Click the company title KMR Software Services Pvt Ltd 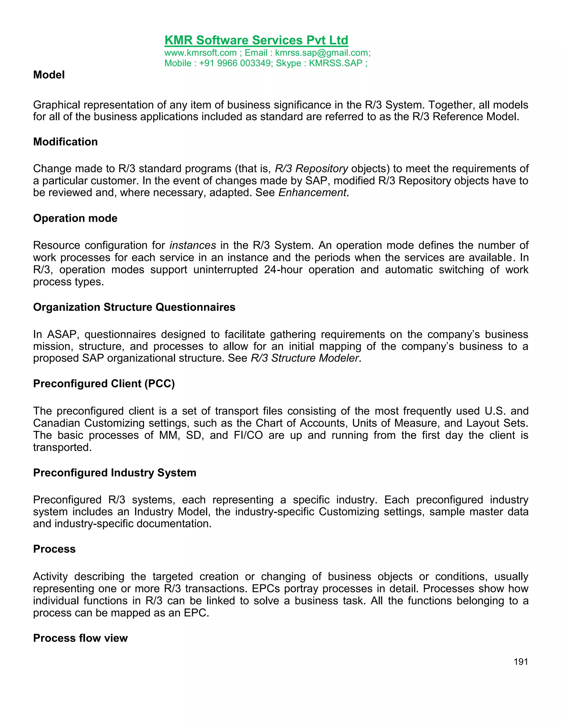click(256, 40)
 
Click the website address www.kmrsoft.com click(200, 53)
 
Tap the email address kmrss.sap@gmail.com click(322, 53)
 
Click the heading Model click(49, 75)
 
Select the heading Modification click(65, 142)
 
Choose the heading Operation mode click(75, 218)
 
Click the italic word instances click(193, 245)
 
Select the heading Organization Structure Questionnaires click(134, 307)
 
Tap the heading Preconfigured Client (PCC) click(104, 384)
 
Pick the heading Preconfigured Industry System click(114, 473)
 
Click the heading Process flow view click(80, 638)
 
